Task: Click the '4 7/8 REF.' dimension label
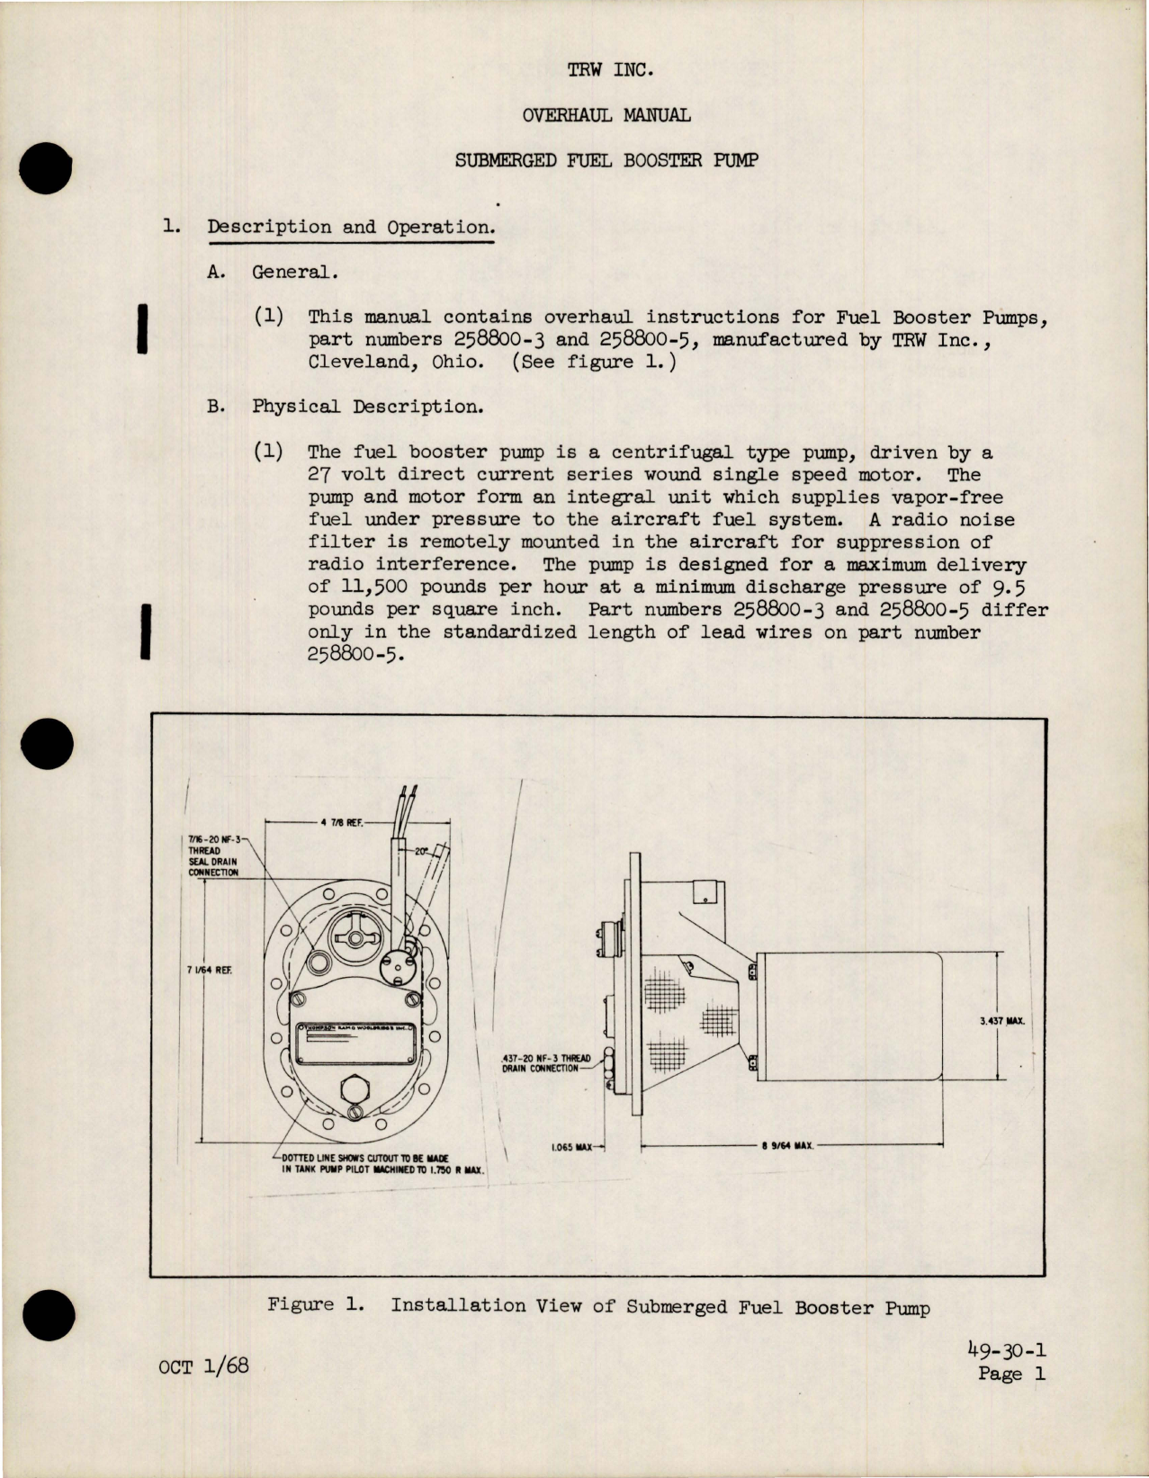tap(341, 822)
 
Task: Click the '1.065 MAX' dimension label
tap(571, 1147)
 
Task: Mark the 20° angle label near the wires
tap(421, 850)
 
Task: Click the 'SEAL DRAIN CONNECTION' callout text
tap(213, 866)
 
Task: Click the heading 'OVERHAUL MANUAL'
tap(606, 115)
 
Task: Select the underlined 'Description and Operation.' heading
tap(351, 228)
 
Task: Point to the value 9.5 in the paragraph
tap(1009, 587)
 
